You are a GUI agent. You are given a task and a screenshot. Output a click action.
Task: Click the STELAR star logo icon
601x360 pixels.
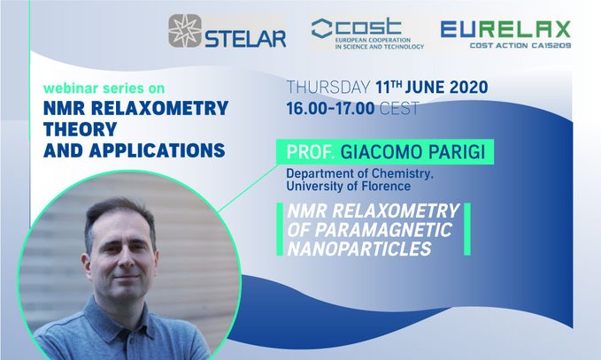(x=185, y=31)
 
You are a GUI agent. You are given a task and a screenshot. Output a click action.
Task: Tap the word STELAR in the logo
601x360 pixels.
(x=245, y=38)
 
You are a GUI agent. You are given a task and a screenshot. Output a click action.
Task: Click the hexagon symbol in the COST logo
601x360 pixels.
(x=321, y=28)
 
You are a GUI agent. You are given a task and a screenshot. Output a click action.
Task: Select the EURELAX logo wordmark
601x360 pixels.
(x=505, y=29)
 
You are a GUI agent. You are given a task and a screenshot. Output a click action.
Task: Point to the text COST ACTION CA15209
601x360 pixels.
(x=520, y=46)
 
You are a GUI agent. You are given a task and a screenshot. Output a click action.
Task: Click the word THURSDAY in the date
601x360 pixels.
(x=328, y=88)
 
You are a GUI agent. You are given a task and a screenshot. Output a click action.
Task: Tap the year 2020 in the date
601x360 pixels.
(x=469, y=88)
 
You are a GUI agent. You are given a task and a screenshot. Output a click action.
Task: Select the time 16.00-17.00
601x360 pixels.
(x=330, y=109)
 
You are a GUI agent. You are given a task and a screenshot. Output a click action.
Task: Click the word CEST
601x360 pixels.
(x=399, y=109)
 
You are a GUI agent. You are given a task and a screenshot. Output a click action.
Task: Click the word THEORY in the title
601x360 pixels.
(x=81, y=129)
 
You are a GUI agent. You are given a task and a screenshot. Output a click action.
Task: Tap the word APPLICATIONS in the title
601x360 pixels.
(x=158, y=150)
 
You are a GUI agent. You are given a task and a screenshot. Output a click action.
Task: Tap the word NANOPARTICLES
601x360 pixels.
(x=359, y=249)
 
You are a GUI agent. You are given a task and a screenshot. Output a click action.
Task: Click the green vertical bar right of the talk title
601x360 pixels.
(x=466, y=229)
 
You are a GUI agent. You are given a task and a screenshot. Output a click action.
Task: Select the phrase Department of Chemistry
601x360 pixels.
(x=360, y=173)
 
